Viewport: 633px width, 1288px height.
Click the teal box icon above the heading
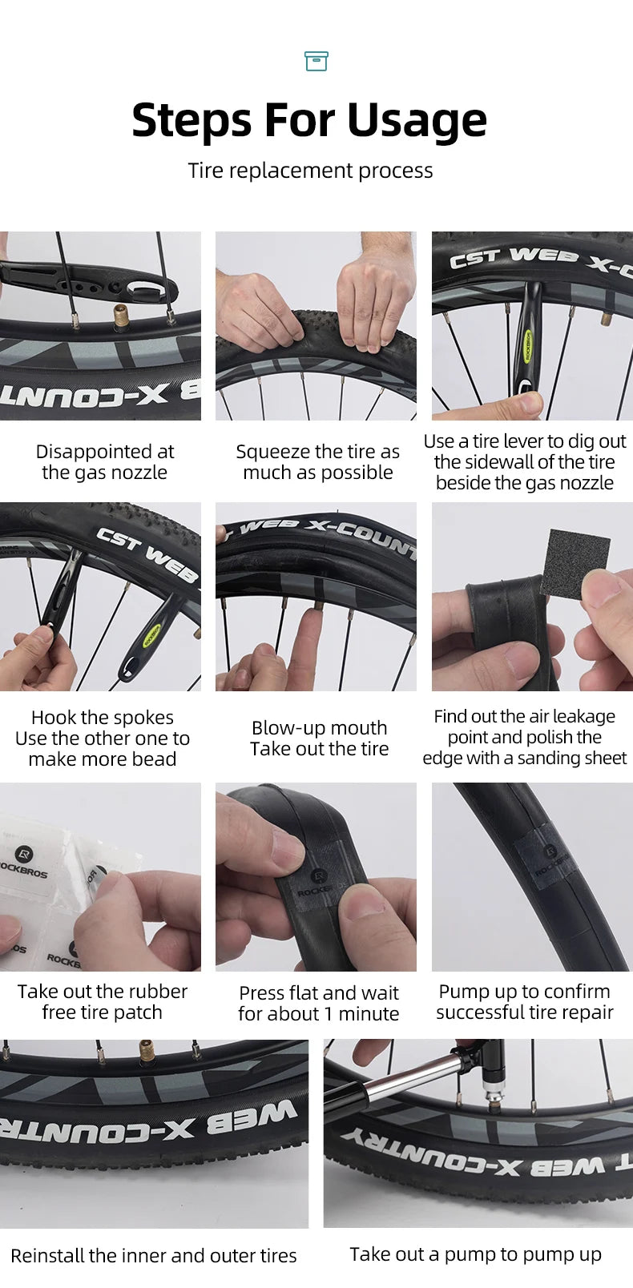click(x=316, y=61)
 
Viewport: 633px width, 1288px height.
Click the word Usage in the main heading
click(x=417, y=121)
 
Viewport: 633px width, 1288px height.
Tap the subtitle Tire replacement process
click(x=310, y=171)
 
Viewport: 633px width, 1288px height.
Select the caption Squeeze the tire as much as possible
click(x=317, y=461)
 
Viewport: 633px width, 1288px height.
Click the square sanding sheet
click(x=575, y=562)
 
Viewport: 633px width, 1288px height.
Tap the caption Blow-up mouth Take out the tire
click(x=320, y=738)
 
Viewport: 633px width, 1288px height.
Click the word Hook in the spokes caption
click(x=54, y=717)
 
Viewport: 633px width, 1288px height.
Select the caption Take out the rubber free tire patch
click(x=103, y=1002)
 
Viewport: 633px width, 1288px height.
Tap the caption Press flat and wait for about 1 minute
click(x=319, y=1004)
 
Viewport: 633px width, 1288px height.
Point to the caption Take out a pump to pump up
click(x=475, y=1254)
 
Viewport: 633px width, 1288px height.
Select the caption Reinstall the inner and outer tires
click(x=154, y=1255)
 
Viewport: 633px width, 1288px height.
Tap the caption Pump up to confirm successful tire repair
click(x=524, y=1002)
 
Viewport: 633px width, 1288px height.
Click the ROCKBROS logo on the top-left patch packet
click(x=23, y=863)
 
